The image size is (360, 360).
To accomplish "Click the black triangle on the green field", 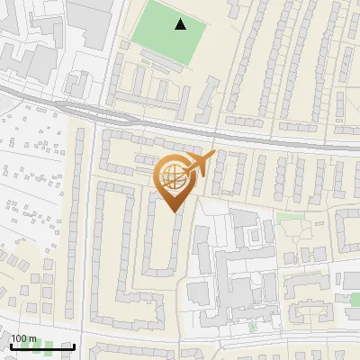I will tap(181, 24).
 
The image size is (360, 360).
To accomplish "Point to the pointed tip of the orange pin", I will tap(174, 211).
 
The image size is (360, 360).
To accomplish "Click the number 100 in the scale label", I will tap(22, 337).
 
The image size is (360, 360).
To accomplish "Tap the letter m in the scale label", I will tap(34, 337).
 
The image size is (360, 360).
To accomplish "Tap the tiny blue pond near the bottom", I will tap(253, 328).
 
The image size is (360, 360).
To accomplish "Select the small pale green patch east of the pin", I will tap(288, 217).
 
